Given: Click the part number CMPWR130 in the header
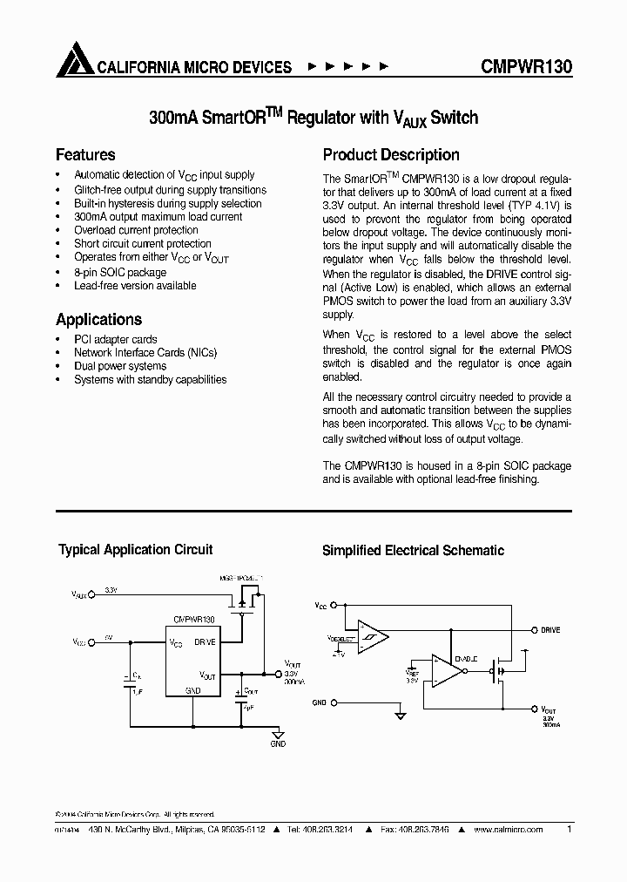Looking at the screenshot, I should click(x=526, y=67).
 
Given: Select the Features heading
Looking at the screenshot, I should click(x=85, y=155).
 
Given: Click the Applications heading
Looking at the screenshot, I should click(x=98, y=320).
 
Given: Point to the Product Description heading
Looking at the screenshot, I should click(x=391, y=155).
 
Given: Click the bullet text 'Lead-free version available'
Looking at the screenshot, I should click(x=135, y=286).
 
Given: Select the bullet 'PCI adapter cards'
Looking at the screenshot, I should click(x=115, y=338).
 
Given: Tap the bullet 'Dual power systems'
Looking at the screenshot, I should click(x=120, y=366).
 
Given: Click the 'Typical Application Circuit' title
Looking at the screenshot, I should click(x=135, y=550).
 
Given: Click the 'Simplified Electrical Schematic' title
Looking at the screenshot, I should click(x=413, y=551).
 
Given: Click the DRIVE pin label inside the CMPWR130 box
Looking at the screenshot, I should click(x=205, y=641).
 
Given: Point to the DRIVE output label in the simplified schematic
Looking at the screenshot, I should click(x=550, y=629).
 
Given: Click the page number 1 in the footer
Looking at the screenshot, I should click(x=569, y=829).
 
